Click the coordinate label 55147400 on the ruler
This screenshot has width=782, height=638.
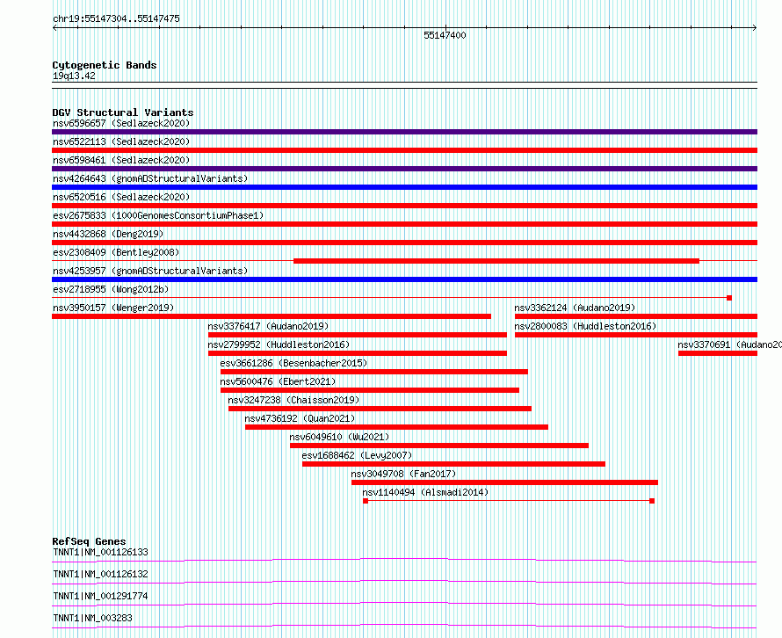click(445, 36)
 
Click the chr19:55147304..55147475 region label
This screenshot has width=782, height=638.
click(116, 18)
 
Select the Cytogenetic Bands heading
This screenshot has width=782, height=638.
click(105, 65)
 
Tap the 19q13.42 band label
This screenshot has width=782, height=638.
click(74, 76)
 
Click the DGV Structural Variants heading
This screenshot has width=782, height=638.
click(123, 112)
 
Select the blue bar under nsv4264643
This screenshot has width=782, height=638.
click(404, 187)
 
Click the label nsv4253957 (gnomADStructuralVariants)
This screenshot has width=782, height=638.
click(150, 271)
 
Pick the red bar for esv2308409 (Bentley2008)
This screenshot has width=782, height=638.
click(496, 260)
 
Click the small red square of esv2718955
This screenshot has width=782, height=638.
click(729, 298)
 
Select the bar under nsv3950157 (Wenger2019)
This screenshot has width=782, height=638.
click(272, 316)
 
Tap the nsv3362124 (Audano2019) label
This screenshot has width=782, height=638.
click(575, 308)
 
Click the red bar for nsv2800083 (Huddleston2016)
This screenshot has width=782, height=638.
click(635, 335)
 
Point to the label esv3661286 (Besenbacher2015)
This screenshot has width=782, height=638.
click(293, 363)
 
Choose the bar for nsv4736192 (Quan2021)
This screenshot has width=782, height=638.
click(396, 427)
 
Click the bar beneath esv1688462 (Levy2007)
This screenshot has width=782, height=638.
click(453, 464)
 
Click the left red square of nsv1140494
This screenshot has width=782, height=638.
click(366, 501)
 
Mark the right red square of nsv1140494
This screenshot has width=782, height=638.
click(652, 501)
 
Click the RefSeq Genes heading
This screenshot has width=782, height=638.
click(89, 541)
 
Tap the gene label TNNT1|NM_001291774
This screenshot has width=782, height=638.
click(100, 596)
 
